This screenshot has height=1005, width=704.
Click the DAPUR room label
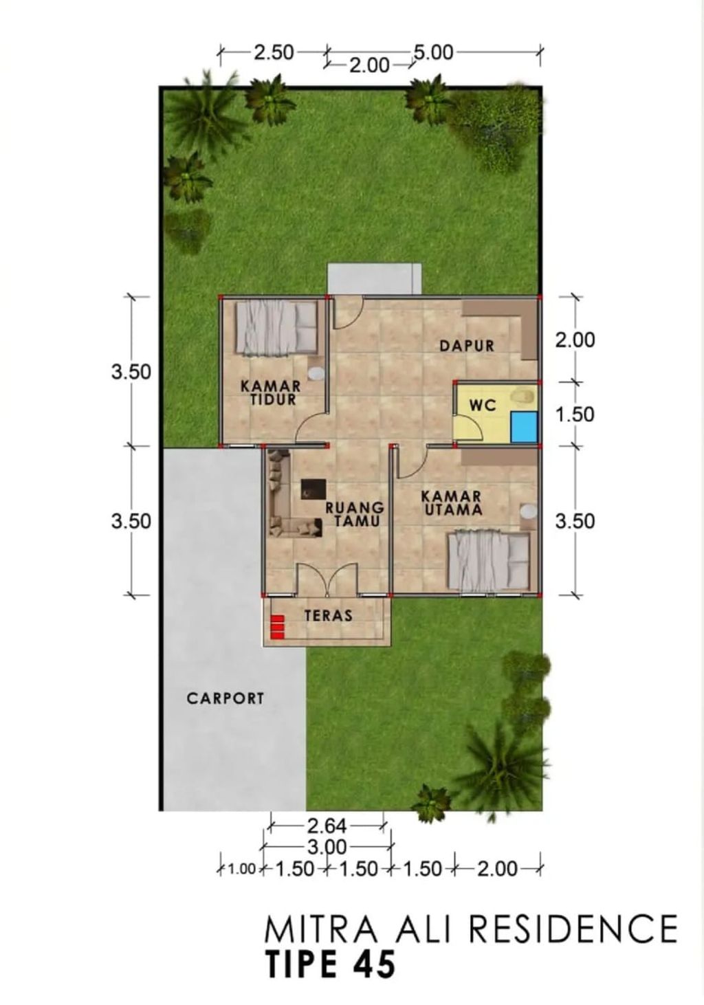(x=467, y=345)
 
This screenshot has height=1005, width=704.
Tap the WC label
(x=483, y=406)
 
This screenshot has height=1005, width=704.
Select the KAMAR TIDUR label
(x=270, y=393)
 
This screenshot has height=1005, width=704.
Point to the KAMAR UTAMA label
(x=451, y=503)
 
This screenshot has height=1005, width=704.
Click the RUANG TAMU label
(x=353, y=514)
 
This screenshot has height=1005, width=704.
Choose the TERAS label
(x=329, y=615)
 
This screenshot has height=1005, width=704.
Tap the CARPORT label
(x=225, y=698)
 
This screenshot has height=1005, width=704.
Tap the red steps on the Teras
(x=277, y=627)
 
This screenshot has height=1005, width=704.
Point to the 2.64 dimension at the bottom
(x=327, y=825)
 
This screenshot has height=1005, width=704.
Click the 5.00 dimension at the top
(x=432, y=52)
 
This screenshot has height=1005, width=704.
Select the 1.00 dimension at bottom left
(x=241, y=870)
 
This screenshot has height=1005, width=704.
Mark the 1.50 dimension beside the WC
(x=575, y=415)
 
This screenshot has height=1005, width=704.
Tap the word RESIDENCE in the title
(x=573, y=929)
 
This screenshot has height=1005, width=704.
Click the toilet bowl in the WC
(x=524, y=395)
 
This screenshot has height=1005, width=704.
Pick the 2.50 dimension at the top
(x=274, y=52)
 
